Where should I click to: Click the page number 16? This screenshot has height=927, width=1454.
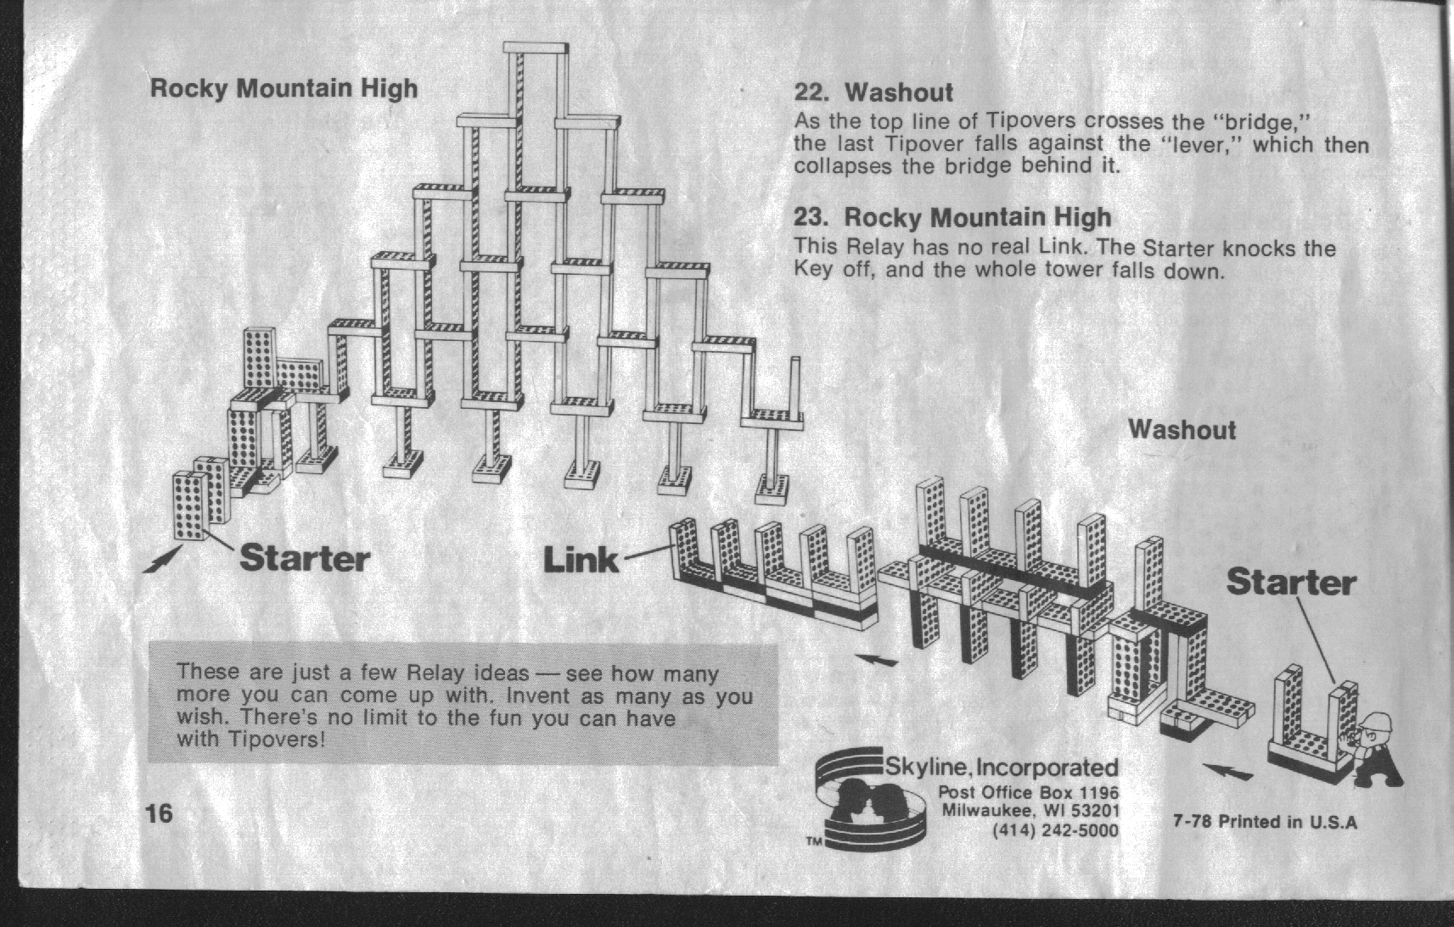click(x=160, y=813)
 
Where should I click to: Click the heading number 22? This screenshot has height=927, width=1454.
click(x=811, y=93)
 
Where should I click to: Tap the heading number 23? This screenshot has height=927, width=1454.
click(x=811, y=216)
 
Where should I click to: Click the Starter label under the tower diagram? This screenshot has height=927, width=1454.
click(x=305, y=558)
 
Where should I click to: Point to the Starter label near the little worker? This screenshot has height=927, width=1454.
click(x=1291, y=582)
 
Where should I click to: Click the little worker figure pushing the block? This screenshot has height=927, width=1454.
click(x=1378, y=748)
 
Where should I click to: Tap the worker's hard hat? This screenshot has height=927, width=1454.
click(x=1378, y=722)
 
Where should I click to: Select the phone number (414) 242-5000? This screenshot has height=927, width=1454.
click(x=1055, y=831)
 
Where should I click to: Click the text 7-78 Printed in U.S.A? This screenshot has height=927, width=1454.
click(x=1265, y=822)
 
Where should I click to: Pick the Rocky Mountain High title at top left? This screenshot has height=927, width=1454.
click(x=284, y=89)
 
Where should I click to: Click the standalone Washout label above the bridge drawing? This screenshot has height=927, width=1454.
click(x=1182, y=430)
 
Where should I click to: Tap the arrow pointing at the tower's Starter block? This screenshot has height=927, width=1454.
click(x=162, y=559)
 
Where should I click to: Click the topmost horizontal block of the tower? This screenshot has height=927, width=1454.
click(x=536, y=48)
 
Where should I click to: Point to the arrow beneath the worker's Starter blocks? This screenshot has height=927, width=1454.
click(x=1227, y=771)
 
